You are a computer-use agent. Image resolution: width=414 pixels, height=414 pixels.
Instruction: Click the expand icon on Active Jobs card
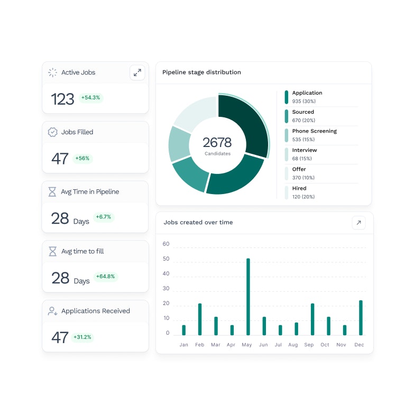[x=137, y=72]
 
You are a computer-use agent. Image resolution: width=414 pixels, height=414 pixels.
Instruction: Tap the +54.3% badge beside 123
[x=91, y=98]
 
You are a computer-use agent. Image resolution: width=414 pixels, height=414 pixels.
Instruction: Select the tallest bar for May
[x=248, y=297]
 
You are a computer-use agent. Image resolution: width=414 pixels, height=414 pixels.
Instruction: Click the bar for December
[x=361, y=318]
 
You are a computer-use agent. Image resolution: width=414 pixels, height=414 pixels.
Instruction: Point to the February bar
[x=200, y=319]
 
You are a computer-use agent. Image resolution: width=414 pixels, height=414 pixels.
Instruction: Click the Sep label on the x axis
[x=309, y=345]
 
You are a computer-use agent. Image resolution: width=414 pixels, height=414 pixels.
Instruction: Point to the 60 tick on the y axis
[x=166, y=244]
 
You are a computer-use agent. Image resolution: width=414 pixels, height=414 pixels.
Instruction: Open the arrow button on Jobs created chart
[x=358, y=223]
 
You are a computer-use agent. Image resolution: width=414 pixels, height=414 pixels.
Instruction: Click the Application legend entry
[x=307, y=93]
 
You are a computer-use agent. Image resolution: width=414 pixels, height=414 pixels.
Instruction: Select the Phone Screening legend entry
[x=314, y=131]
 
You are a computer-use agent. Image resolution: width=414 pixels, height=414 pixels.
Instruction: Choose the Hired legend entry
[x=299, y=188]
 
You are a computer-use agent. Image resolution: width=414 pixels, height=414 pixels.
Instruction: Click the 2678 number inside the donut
[x=217, y=142]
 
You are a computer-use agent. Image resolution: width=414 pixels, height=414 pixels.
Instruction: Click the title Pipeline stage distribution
[x=201, y=72]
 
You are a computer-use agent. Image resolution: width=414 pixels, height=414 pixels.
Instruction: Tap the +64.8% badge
[x=105, y=277]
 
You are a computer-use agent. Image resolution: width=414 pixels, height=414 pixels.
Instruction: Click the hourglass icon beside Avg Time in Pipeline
[x=52, y=192]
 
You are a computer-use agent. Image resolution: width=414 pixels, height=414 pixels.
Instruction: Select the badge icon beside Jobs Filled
[x=52, y=132]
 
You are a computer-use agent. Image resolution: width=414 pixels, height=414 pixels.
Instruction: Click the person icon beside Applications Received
[x=52, y=311]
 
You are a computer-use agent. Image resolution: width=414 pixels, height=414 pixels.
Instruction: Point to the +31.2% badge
[x=82, y=337]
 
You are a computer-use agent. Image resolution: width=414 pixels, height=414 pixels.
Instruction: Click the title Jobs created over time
[x=198, y=223]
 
